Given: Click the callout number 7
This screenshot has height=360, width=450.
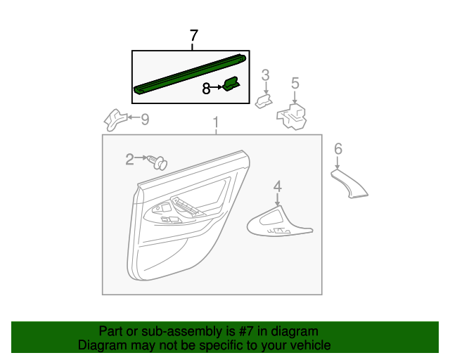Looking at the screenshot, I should pos(194,37).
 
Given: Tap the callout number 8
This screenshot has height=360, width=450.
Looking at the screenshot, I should pos(206,89).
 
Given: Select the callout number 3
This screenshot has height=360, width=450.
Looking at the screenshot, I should pos(266,75).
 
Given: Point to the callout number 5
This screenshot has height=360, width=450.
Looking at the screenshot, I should pos(295,84).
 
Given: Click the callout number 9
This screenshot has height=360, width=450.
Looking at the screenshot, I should pos(145,120).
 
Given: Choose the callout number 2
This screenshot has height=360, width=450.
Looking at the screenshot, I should pos(129,160).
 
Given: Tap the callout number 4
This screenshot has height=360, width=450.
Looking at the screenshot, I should pos(278,186).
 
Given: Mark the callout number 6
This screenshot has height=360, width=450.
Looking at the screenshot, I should pos(338,148).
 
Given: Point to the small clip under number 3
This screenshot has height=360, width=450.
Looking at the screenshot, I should pos(263,102).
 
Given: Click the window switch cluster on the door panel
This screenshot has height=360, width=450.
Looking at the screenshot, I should pos(184,210).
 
